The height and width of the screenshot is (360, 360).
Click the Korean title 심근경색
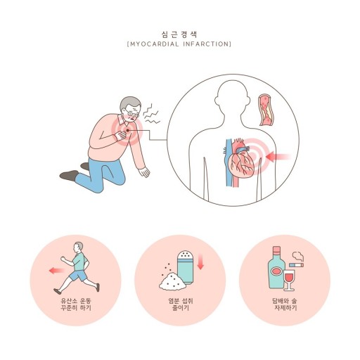click(179, 34)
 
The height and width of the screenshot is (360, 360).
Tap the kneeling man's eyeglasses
click(131, 113)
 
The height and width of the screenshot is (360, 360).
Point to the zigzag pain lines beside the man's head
click(151, 114)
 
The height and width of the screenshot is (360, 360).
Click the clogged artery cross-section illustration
click(266, 110)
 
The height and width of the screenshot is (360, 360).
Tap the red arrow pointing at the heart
click(278, 156)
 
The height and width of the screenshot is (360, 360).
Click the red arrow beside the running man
click(57, 271)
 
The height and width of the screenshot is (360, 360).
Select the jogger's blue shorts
click(79, 276)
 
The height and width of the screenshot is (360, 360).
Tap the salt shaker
click(185, 267)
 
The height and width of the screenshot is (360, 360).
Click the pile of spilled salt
click(172, 281)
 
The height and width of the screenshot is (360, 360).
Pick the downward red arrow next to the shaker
click(200, 262)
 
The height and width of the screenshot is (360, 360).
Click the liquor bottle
click(276, 268)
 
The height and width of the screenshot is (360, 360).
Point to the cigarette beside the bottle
click(296, 265)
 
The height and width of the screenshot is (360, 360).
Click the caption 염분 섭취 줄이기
click(181, 304)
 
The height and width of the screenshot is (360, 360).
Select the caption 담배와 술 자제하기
click(285, 304)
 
